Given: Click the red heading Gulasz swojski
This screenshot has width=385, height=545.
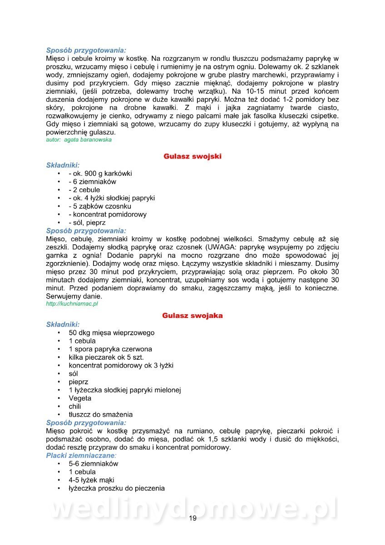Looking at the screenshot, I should pos(192,156).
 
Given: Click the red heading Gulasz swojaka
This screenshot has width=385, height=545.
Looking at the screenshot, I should pos(192,316).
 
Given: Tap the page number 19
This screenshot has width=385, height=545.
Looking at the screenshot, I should pos(192,519).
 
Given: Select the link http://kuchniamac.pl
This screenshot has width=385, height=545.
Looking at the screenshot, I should pos(72,304).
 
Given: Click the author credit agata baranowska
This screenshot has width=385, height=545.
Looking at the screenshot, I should pos(79,140).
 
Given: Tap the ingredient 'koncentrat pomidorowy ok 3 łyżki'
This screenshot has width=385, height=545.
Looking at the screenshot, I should pos(121,366).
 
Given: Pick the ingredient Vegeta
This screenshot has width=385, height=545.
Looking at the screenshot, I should pos(80,398).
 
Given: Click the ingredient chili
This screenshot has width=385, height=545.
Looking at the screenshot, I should pos(75,406).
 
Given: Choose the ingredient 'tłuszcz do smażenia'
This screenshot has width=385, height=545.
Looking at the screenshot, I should pos(101,415).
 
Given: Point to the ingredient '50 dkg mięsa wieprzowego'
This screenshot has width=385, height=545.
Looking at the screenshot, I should pos(112,333).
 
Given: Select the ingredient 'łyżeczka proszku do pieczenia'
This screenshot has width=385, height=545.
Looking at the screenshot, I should pos(117,489).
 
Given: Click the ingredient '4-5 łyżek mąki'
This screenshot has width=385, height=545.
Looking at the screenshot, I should pos(92,480).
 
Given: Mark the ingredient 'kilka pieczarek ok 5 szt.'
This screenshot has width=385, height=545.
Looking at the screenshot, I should pos(106,357).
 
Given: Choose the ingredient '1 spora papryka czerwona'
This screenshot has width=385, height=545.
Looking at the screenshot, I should pos(110,349).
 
